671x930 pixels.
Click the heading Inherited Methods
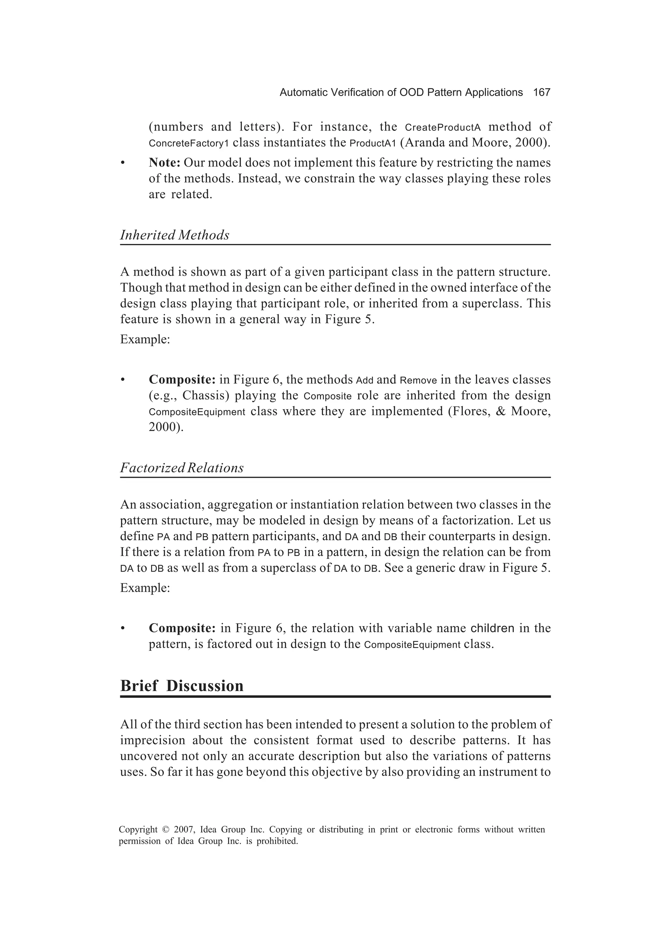(x=175, y=235)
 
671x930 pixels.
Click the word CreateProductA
(x=442, y=127)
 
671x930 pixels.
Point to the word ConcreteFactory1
(x=188, y=144)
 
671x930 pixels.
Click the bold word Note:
(x=164, y=163)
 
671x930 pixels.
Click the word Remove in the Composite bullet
(x=418, y=380)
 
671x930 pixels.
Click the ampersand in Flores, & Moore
(x=501, y=411)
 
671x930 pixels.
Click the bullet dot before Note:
(x=122, y=164)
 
